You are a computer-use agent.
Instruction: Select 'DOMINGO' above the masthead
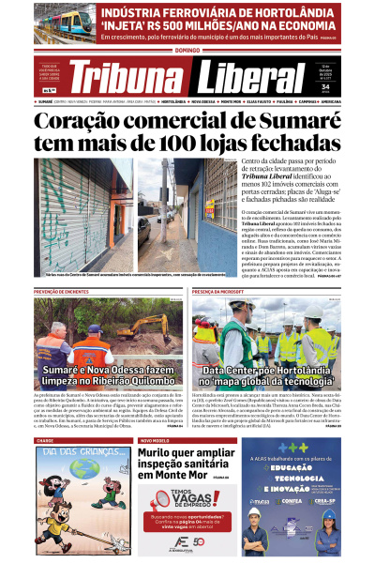pos(187,49)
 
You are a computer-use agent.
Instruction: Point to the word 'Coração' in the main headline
pos(81,121)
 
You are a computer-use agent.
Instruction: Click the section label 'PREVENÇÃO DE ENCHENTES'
pos(60,292)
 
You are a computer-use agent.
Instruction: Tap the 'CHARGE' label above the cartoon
pos(45,440)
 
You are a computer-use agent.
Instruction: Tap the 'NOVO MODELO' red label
pos(154,440)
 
